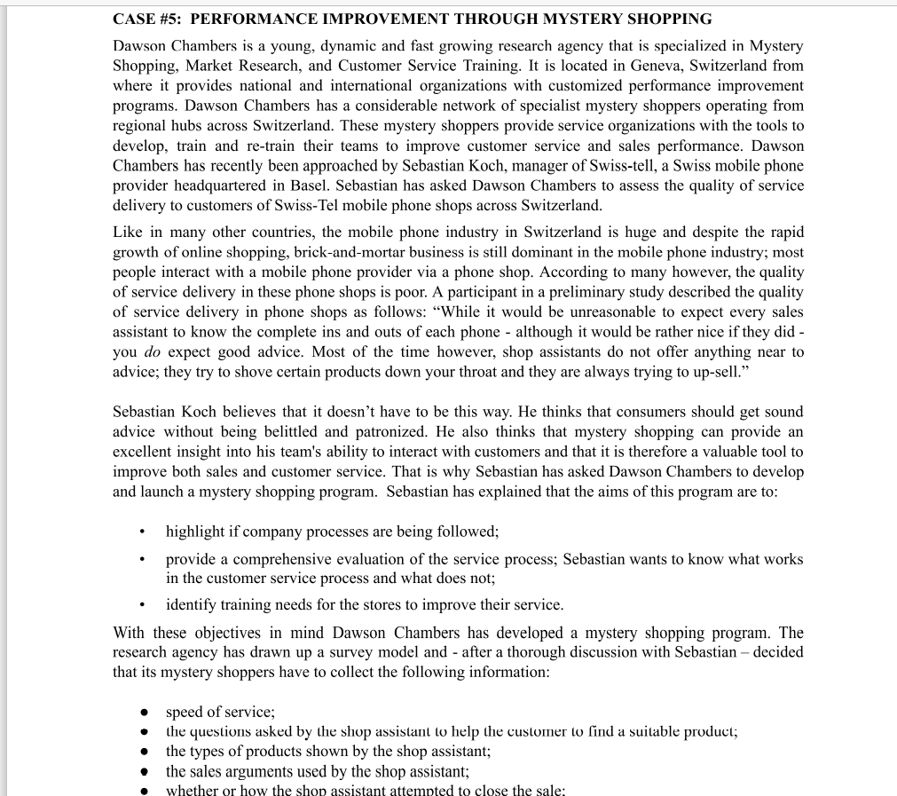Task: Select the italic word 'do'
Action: pyautogui.click(x=150, y=352)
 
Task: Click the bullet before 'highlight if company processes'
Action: pyautogui.click(x=141, y=532)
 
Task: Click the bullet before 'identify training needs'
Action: pyautogui.click(x=141, y=605)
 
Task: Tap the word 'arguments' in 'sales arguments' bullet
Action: pyautogui.click(x=259, y=772)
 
